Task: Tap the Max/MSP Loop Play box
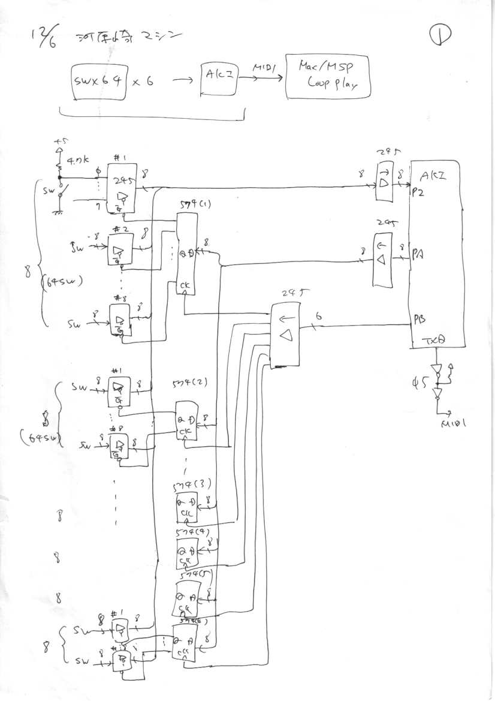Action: pyautogui.click(x=328, y=77)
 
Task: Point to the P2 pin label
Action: pyautogui.click(x=418, y=193)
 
